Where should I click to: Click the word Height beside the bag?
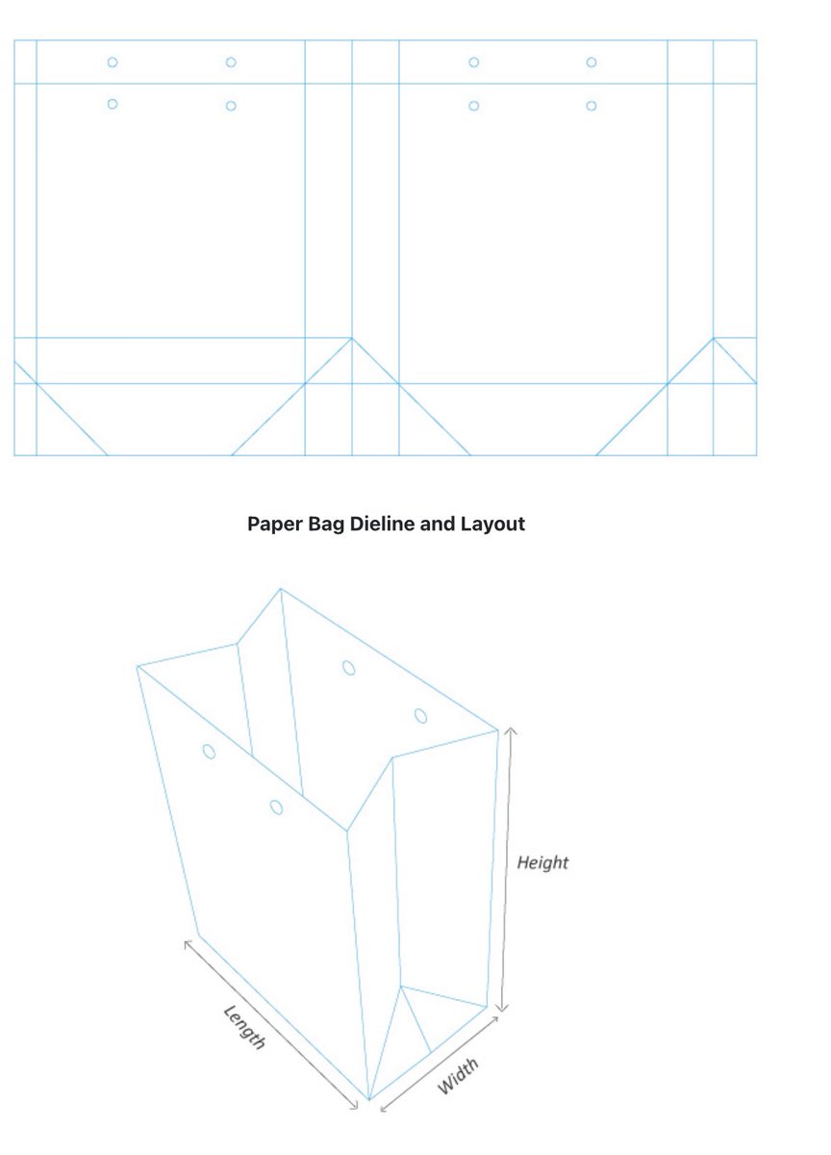(x=542, y=862)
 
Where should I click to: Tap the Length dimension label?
(x=243, y=1027)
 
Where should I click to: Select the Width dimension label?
(x=458, y=1076)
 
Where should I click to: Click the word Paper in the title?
(x=273, y=525)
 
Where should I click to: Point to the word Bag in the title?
(x=325, y=525)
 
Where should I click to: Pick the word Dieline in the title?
(x=380, y=525)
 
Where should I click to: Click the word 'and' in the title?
(x=437, y=525)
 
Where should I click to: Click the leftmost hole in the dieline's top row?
(x=113, y=63)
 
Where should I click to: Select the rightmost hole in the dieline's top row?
(x=592, y=63)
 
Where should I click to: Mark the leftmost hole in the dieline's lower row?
(x=113, y=104)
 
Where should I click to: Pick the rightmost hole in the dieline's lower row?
(x=592, y=105)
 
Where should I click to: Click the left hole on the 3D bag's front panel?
(x=209, y=751)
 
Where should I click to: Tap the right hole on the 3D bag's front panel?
(x=277, y=807)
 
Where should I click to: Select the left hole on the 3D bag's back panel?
(x=349, y=666)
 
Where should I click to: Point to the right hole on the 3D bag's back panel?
(x=420, y=715)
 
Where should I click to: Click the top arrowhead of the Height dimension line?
(x=510, y=731)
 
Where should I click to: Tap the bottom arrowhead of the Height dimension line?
(x=502, y=1008)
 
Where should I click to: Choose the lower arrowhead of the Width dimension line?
(x=382, y=1109)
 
